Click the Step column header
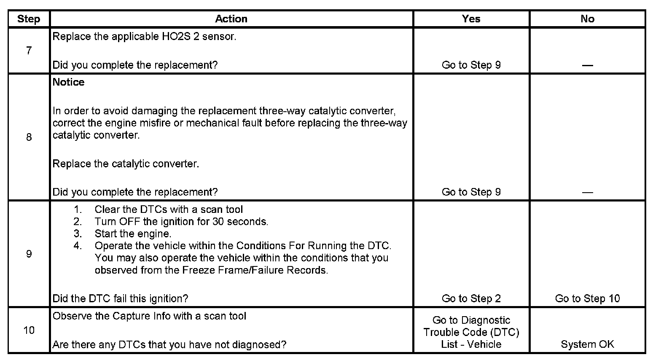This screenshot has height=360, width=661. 29,19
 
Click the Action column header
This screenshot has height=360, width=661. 231,19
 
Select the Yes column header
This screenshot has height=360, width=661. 471,19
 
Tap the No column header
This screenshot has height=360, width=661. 587,19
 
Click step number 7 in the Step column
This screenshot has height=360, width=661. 29,51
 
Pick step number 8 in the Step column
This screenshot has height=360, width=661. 29,137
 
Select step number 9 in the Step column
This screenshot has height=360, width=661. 29,254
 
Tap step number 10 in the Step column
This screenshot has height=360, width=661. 29,330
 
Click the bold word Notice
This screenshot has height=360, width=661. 68,82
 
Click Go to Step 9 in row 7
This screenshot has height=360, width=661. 471,65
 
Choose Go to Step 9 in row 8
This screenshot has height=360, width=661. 471,192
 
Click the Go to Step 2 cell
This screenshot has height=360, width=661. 471,298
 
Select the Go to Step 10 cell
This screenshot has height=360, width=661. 587,298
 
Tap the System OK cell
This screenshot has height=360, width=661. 587,344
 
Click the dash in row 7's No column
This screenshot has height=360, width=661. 587,65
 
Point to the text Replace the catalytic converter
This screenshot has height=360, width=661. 126,164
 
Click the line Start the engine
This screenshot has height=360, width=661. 133,234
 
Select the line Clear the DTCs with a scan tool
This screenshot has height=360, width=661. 169,210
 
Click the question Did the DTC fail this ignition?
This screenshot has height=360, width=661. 120,298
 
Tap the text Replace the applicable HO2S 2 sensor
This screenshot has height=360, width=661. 144,36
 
